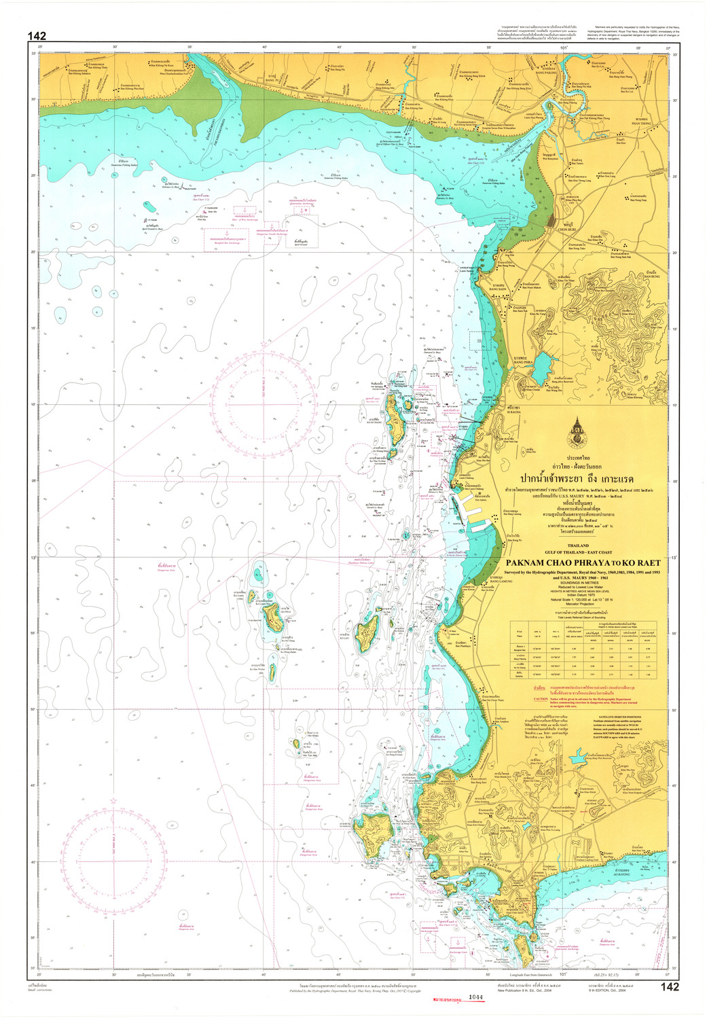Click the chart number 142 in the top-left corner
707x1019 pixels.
(x=37, y=36)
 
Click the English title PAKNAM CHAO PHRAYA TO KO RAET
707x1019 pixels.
(x=583, y=562)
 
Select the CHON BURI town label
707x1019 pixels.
(x=567, y=229)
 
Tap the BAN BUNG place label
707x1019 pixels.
(x=651, y=276)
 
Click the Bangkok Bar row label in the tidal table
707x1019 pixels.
(x=520, y=647)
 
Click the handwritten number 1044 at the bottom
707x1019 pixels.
(x=475, y=997)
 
